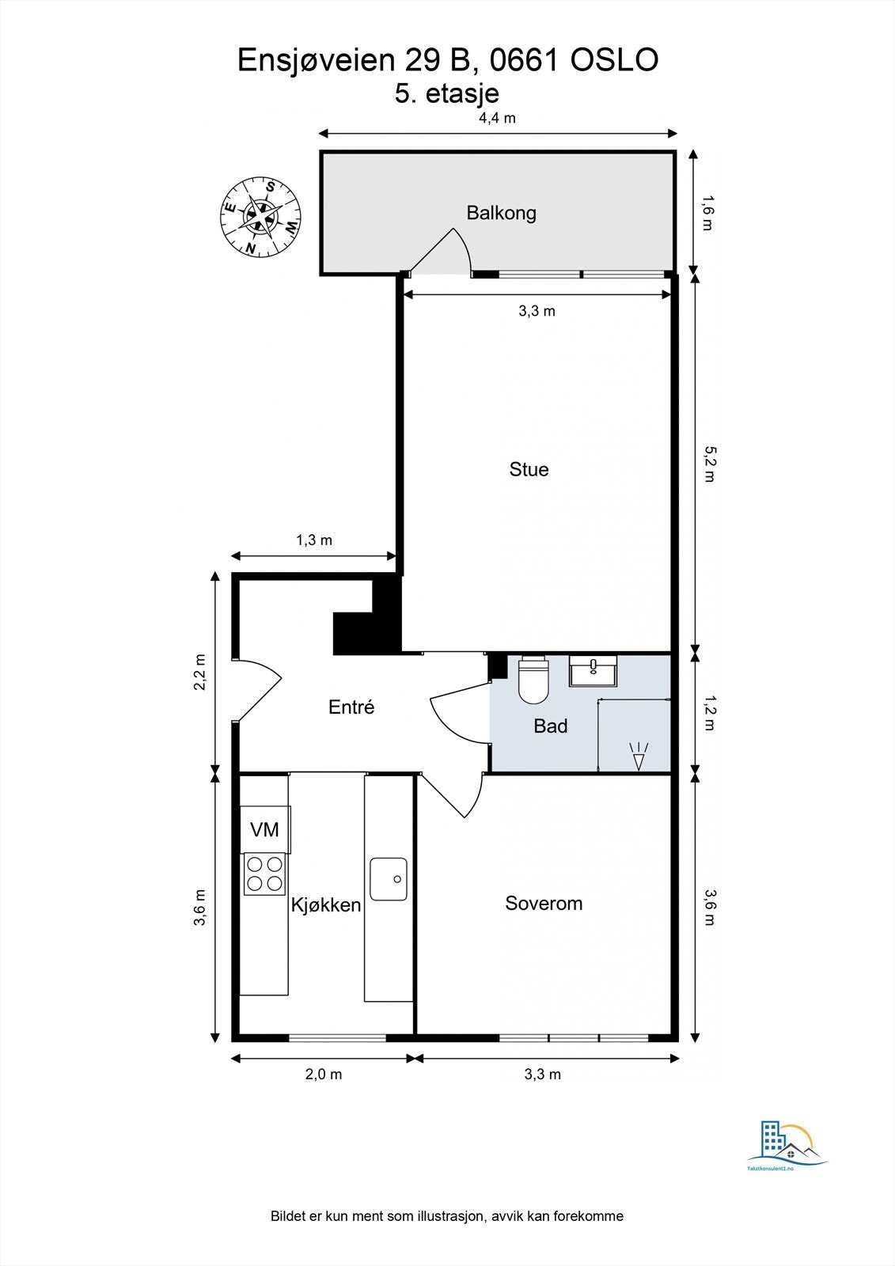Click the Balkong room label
[x=501, y=213]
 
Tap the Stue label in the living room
[x=529, y=469]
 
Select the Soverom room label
[x=544, y=903]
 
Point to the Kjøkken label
[x=326, y=905]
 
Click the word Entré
[x=351, y=707]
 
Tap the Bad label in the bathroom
[x=550, y=726]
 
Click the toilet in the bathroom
[x=533, y=680]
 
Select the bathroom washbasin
[x=593, y=671]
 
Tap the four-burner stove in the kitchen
[x=264, y=874]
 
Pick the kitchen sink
[x=389, y=879]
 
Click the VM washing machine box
[x=265, y=829]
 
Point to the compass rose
[x=260, y=217]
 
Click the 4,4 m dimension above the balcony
[x=498, y=118]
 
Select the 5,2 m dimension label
[x=709, y=464]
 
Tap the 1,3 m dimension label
[x=314, y=540]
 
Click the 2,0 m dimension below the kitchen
[x=324, y=1075]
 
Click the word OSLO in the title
[x=614, y=60]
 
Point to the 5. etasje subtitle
[x=446, y=93]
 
